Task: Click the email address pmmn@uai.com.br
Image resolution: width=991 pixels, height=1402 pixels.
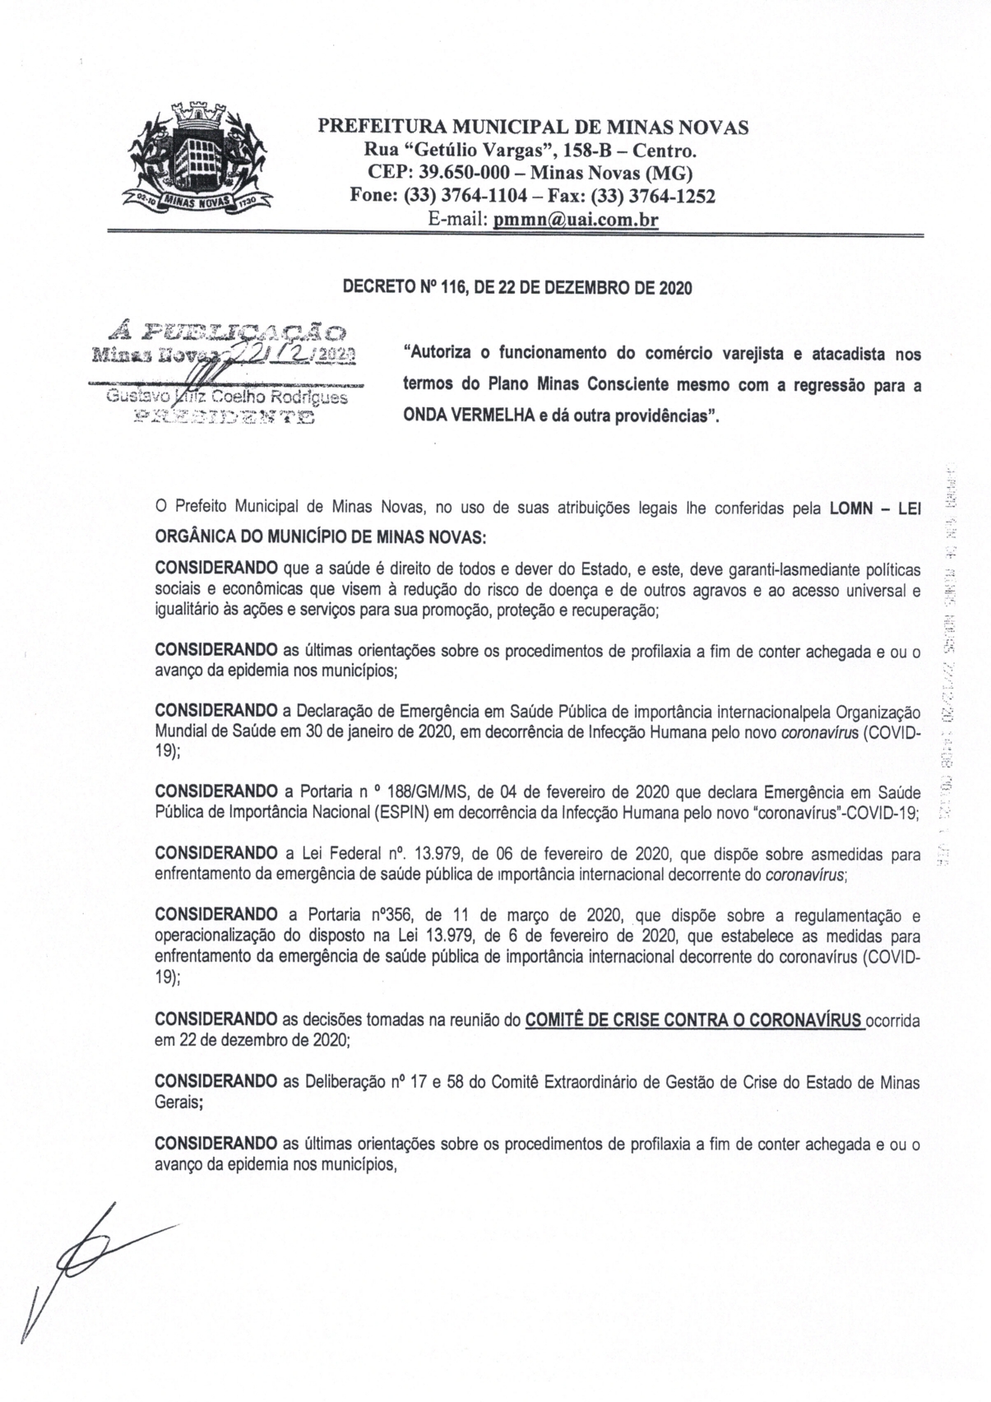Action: (x=576, y=220)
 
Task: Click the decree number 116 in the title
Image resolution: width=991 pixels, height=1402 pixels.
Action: (x=452, y=288)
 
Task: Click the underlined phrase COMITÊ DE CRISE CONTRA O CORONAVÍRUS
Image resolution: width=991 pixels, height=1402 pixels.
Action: (x=694, y=1021)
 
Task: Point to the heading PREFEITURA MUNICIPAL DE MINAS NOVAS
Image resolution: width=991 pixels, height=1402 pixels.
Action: (x=533, y=128)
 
